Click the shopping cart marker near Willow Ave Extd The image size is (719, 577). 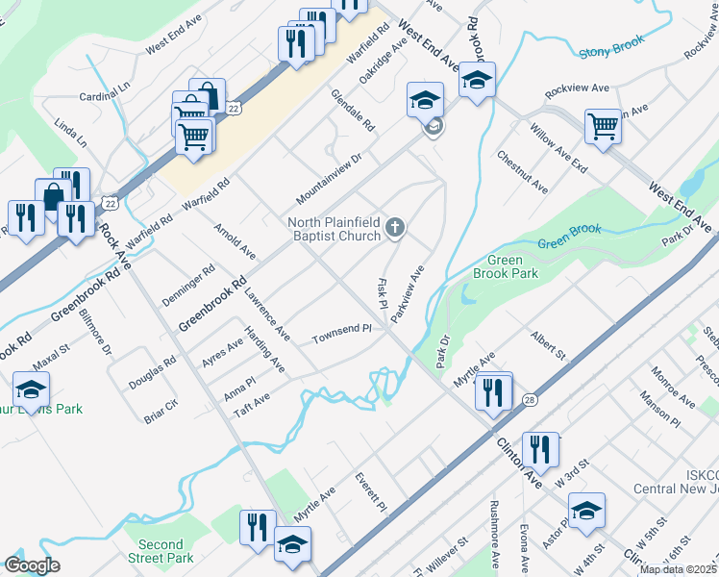(x=603, y=125)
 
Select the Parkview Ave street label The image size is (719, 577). (x=409, y=288)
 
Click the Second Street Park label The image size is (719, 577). (x=160, y=551)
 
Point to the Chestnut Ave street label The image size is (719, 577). (x=522, y=170)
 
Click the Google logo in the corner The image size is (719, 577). (x=31, y=564)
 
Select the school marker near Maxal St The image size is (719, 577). (x=31, y=389)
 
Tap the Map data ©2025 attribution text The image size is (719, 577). (x=678, y=569)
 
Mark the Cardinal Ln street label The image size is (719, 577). (x=105, y=91)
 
